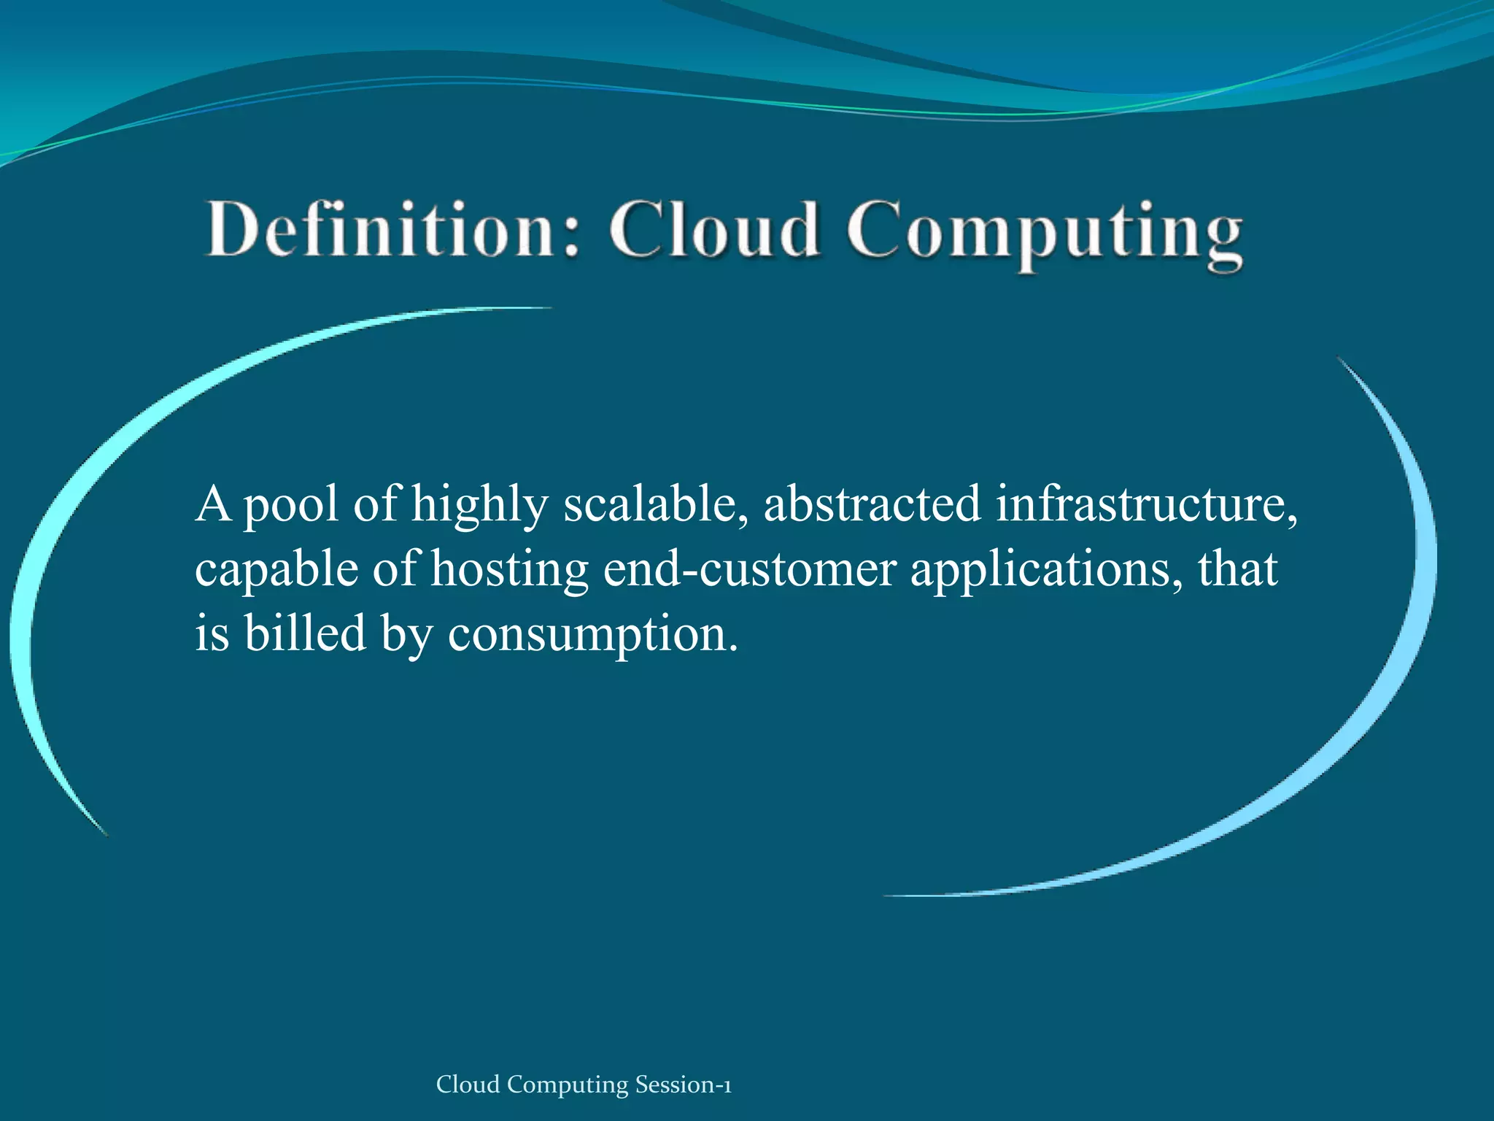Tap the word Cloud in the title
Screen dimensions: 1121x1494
coord(715,230)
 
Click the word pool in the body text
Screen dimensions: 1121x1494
coord(290,505)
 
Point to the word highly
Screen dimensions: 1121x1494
coord(479,505)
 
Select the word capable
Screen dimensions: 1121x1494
coord(276,571)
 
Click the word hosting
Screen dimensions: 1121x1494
coord(509,571)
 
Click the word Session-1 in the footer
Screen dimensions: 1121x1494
coord(683,1085)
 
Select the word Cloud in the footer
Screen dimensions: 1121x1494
coord(468,1085)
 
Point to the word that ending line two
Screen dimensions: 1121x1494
coord(1237,569)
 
